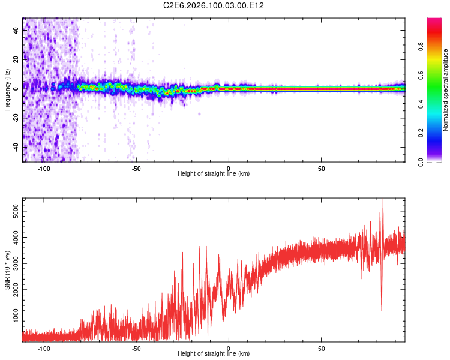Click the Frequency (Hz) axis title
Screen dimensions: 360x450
pyautogui.click(x=7, y=90)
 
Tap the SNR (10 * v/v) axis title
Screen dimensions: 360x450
pyautogui.click(x=7, y=270)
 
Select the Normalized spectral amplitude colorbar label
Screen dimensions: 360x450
pyautogui.click(x=446, y=90)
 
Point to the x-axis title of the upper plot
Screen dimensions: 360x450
pyautogui.click(x=214, y=173)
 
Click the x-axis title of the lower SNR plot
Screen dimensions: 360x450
pyautogui.click(x=214, y=353)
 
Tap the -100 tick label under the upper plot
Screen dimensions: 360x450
pyautogui.click(x=44, y=168)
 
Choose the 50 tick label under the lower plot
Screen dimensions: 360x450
pyautogui.click(x=322, y=348)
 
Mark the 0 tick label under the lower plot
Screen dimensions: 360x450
pyautogui.click(x=229, y=348)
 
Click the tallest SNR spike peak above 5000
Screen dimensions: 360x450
pyautogui.click(x=383, y=200)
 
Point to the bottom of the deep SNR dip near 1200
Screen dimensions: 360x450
pyautogui.click(x=382, y=310)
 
